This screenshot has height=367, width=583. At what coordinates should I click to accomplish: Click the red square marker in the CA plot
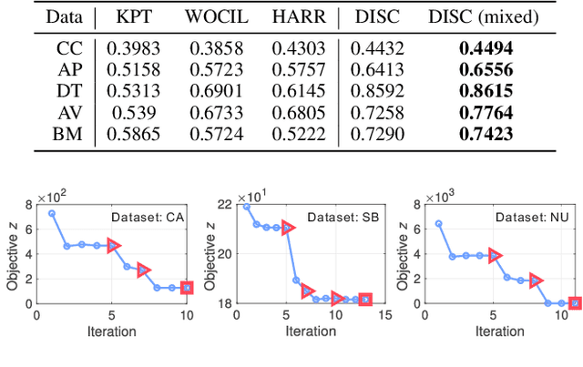[187, 288]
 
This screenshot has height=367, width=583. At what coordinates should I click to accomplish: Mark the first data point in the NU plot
[439, 223]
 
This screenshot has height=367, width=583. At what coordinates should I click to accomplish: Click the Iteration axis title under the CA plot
[114, 330]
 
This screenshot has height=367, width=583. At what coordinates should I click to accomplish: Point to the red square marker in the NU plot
[575, 302]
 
